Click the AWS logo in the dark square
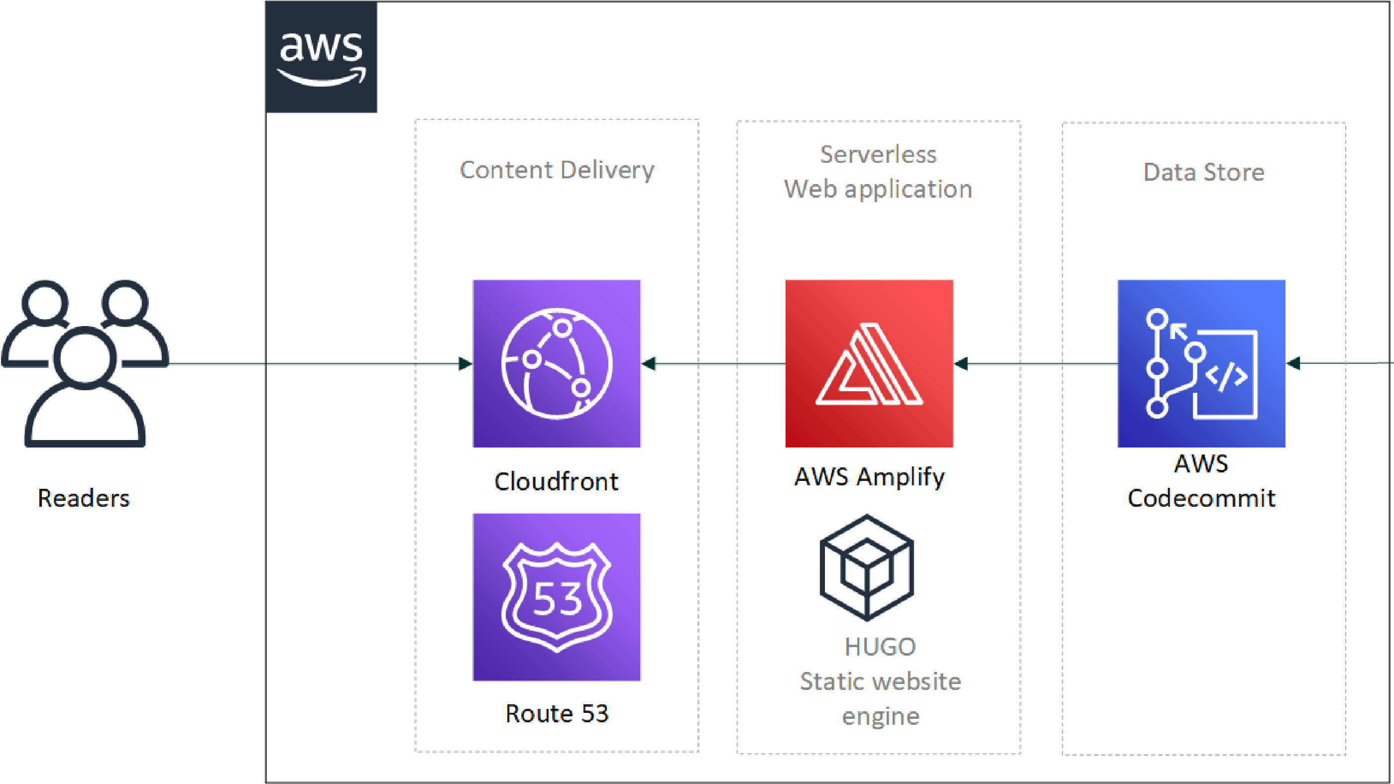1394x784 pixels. (x=321, y=57)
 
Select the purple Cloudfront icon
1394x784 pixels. (x=556, y=363)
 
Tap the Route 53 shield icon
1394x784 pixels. (x=556, y=597)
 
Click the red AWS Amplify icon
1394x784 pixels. (x=869, y=363)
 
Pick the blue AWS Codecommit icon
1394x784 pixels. (x=1201, y=363)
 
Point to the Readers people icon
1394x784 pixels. (x=85, y=363)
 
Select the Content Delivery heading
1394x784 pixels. (x=556, y=170)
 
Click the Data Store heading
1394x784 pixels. (x=1203, y=172)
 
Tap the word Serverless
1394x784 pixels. (x=878, y=155)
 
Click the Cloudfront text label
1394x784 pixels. (x=556, y=481)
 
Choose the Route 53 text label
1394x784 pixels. (x=556, y=713)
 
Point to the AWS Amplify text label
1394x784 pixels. (x=869, y=477)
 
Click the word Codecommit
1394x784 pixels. (x=1201, y=498)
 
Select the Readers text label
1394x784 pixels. (x=83, y=498)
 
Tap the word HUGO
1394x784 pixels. (x=880, y=647)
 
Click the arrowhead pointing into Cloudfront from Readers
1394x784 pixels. (x=465, y=363)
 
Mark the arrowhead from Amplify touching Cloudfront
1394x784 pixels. (x=649, y=363)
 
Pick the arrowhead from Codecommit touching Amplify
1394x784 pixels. (x=961, y=363)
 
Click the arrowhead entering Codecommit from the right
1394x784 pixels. (x=1293, y=363)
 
